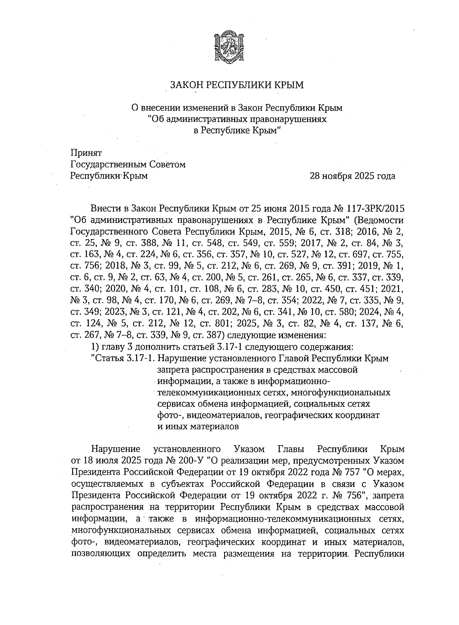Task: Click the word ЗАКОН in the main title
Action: click(187, 85)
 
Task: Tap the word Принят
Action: click(86, 153)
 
